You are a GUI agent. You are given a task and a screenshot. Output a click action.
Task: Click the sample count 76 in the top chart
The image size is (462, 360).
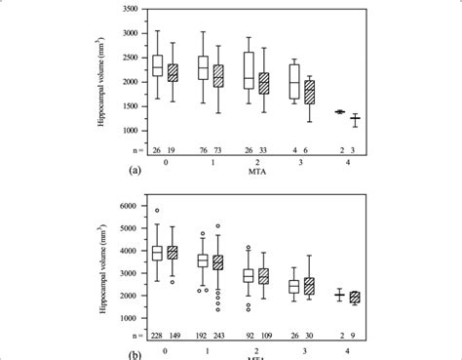click(x=203, y=148)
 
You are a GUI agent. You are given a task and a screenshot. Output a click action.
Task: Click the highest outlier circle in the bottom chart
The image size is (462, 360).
click(x=156, y=211)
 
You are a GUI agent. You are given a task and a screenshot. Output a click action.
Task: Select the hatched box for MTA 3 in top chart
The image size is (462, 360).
click(x=310, y=93)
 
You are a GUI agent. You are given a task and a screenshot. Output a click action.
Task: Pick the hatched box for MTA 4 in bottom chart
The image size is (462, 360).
click(x=356, y=298)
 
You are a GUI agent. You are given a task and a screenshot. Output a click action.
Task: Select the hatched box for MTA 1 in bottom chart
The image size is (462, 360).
click(x=218, y=262)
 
